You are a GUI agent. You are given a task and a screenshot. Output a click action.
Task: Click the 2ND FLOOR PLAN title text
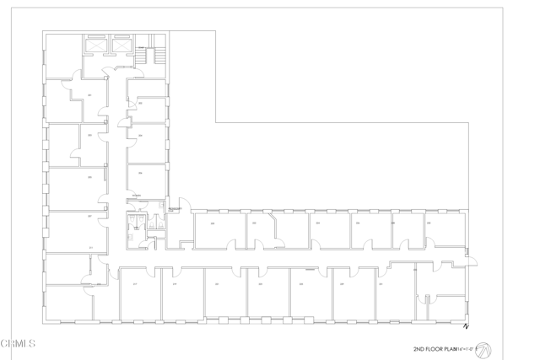435,347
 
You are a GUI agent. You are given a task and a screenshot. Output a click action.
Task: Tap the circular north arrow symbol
494,347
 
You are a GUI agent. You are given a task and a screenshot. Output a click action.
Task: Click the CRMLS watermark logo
18,343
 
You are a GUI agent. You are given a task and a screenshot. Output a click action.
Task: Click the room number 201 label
89,95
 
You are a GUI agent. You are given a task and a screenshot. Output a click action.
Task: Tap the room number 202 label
140,103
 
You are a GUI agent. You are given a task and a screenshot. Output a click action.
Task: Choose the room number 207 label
89,216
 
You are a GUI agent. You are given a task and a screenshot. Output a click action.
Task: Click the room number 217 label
135,284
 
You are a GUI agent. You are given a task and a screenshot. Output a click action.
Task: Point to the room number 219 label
175,284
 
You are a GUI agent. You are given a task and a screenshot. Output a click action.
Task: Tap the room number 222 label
254,223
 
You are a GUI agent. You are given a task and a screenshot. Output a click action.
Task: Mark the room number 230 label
429,223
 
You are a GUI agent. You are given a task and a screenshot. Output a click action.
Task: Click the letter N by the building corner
465,326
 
